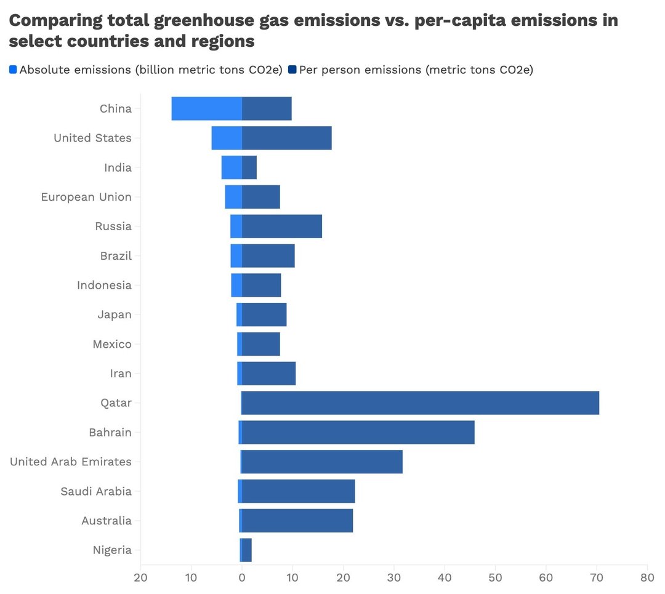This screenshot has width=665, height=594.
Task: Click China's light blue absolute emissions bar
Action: click(x=206, y=109)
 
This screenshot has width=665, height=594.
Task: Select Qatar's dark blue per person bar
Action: click(x=420, y=403)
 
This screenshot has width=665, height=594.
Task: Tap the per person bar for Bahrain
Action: click(x=358, y=433)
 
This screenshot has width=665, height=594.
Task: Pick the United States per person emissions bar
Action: click(x=286, y=138)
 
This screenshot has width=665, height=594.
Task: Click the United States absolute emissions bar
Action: click(x=227, y=138)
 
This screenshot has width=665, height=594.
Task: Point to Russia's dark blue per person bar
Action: click(x=281, y=227)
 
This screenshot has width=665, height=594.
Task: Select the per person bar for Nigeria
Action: click(x=247, y=550)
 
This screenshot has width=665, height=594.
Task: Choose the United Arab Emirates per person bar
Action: click(x=321, y=462)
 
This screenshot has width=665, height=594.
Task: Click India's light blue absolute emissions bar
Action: click(x=232, y=167)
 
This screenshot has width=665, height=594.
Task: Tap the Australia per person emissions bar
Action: click(x=297, y=521)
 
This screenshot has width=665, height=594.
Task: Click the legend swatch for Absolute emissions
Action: click(x=14, y=70)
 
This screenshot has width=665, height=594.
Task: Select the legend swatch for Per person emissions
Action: click(x=292, y=70)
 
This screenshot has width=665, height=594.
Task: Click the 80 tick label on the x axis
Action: click(x=647, y=578)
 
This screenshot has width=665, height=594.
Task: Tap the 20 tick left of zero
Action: click(x=141, y=578)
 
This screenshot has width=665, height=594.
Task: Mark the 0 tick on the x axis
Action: click(x=242, y=578)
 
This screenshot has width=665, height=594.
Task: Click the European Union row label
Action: click(x=86, y=197)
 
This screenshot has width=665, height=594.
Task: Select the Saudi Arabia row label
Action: click(x=96, y=491)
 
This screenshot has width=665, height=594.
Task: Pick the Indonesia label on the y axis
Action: click(x=104, y=285)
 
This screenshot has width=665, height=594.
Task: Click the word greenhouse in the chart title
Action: click(x=205, y=21)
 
